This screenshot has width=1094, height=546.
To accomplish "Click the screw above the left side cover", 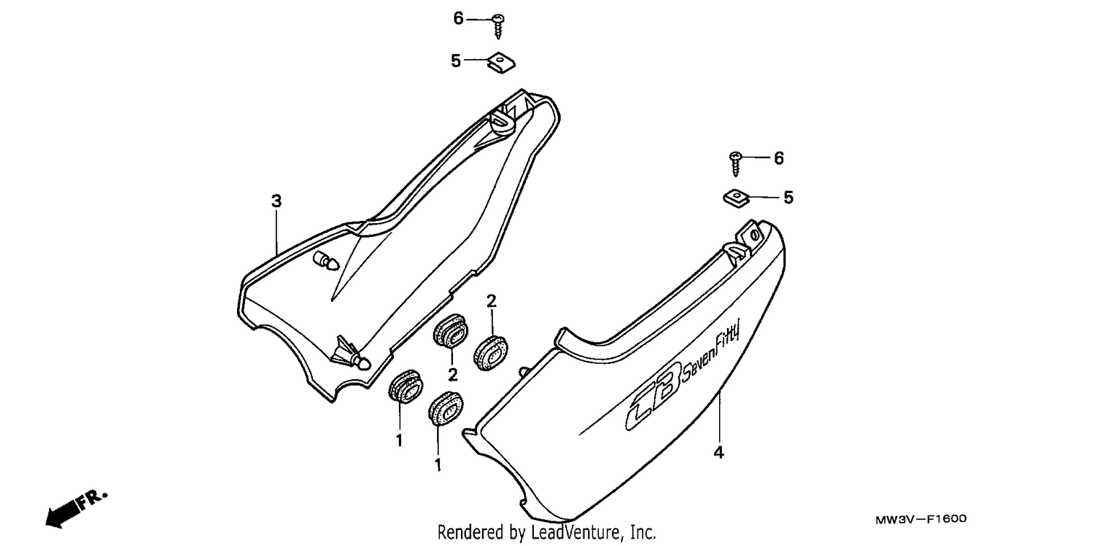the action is coord(498,26).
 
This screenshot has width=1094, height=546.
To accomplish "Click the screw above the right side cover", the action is coord(735,164).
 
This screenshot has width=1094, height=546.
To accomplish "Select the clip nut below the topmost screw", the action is coord(502,63).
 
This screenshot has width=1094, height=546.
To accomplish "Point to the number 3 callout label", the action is coord(276,200).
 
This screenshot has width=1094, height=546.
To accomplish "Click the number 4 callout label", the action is coord(718,452).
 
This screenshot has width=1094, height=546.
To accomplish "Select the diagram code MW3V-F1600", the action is coord(920,519).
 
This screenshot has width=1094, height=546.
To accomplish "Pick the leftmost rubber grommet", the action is coord(406,386).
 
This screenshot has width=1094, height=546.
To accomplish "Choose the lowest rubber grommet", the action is coord(446,408).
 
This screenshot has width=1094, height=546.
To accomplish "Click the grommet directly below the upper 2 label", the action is coord(490,352).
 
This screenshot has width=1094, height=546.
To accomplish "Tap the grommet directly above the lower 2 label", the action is coord(450,331).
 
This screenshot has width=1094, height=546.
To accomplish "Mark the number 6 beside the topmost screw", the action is coord(458,18).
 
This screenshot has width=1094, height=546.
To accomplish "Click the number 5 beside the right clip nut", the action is coord(788,198).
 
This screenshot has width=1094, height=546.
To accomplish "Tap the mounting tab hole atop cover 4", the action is coord(754,235).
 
